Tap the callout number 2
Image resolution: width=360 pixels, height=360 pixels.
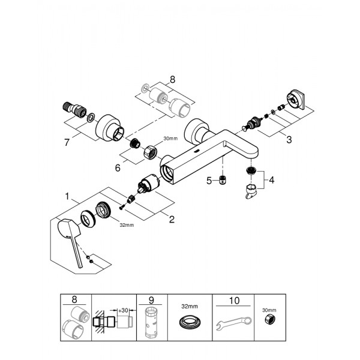172,219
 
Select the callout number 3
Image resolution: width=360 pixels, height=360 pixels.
289,140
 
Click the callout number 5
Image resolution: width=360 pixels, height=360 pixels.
209,179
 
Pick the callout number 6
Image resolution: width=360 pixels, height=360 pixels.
118,168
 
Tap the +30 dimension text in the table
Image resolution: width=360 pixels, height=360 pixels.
122,310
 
